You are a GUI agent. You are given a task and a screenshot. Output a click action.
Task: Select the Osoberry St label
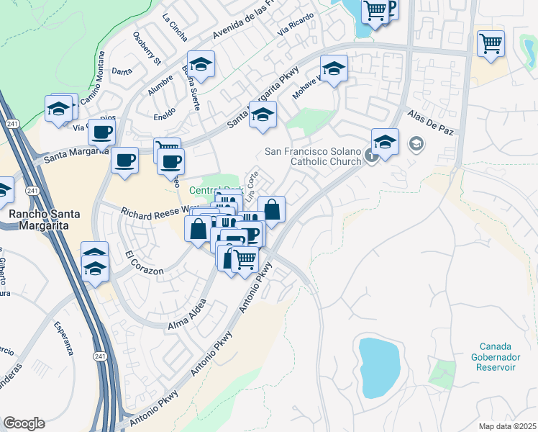147,50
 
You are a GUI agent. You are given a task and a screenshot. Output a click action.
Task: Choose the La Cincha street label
174,27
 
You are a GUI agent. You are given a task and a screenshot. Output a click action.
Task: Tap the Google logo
24,423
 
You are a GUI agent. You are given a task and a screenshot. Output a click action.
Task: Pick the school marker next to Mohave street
334,69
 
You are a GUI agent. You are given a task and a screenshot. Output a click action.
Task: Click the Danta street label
122,71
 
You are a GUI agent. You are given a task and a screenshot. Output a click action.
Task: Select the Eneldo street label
165,113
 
